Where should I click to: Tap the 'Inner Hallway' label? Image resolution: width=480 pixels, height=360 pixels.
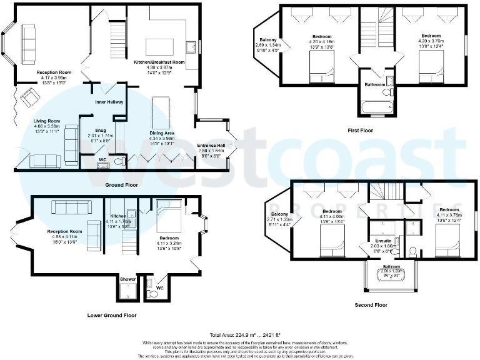click(x=109, y=102)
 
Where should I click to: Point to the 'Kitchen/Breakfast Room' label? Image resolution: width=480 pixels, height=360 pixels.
click(x=159, y=62)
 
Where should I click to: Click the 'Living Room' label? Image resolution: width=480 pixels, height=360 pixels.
click(x=47, y=121)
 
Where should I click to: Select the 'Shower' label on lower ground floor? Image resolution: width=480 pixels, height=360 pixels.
click(x=127, y=279)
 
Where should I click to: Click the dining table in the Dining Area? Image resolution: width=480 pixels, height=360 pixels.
click(x=160, y=113)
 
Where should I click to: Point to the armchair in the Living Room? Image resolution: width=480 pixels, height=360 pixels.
click(x=28, y=97)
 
